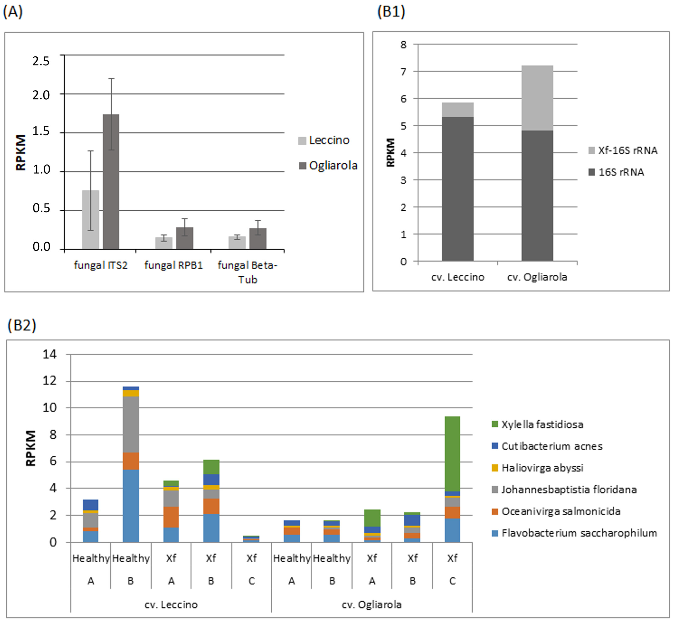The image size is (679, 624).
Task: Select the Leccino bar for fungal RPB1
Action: point(164,243)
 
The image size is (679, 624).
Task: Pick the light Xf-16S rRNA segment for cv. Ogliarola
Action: point(537,98)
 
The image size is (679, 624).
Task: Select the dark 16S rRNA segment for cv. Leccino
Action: point(458,189)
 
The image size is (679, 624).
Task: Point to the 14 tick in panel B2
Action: point(49,354)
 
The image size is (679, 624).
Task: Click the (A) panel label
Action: point(13,12)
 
